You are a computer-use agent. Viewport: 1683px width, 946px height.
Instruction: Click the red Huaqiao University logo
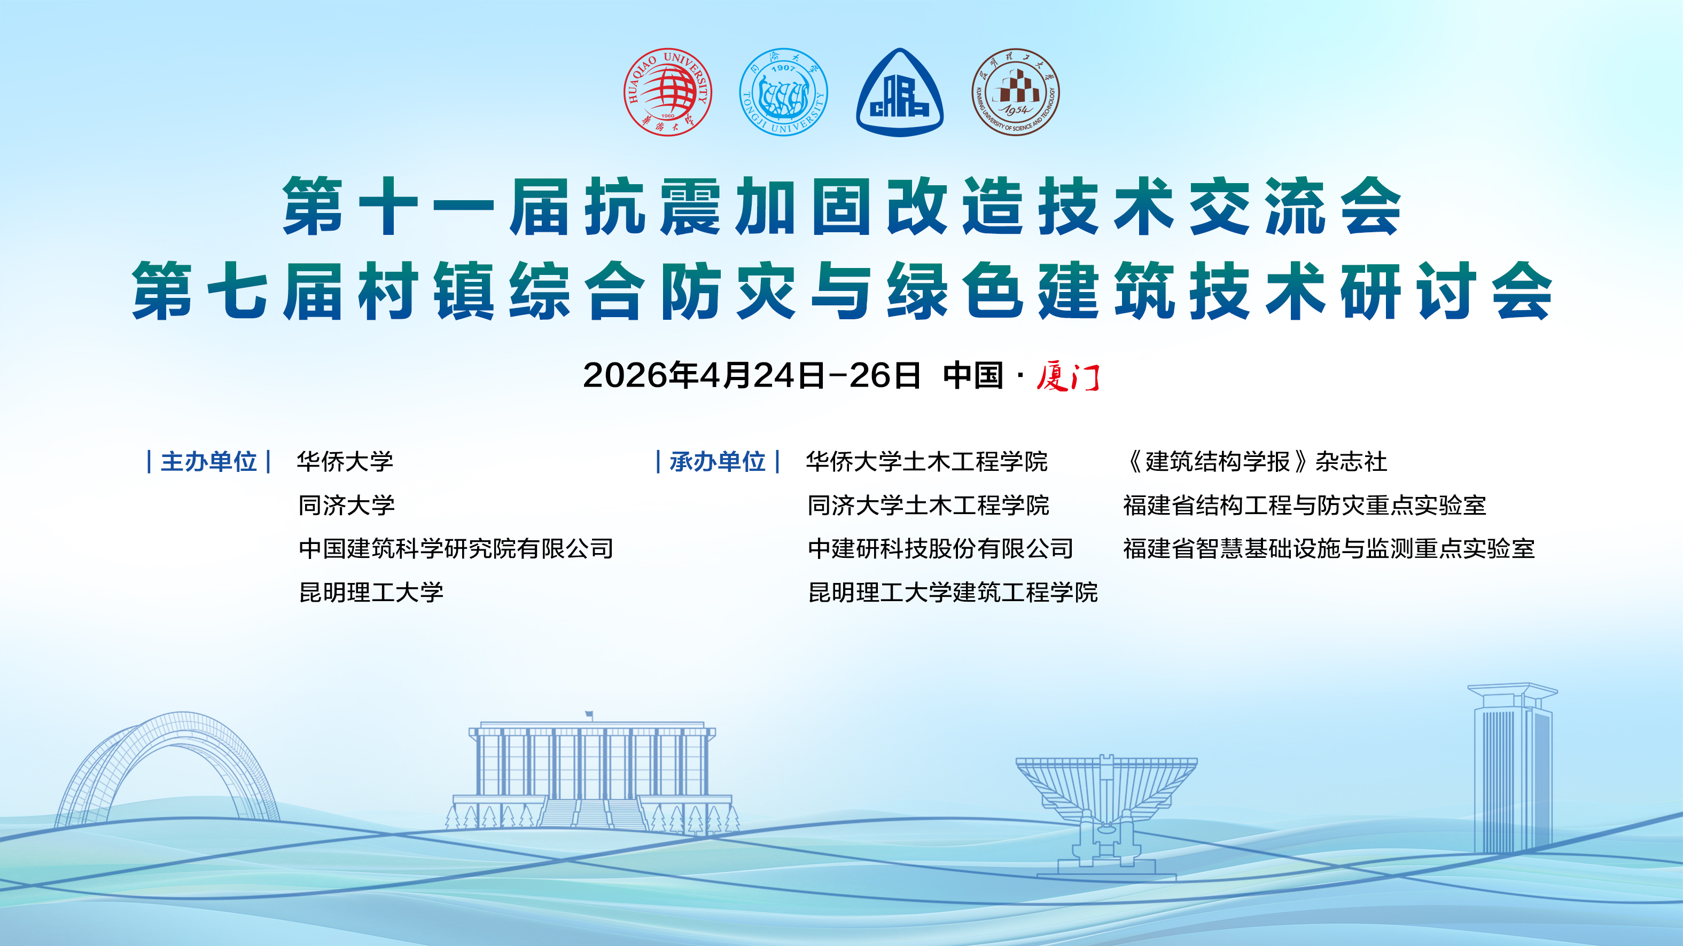click(667, 92)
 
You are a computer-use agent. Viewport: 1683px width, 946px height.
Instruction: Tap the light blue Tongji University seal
click(783, 92)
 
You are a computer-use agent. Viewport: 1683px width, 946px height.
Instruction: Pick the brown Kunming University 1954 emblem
click(1015, 92)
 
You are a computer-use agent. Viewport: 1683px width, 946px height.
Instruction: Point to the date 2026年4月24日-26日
click(751, 375)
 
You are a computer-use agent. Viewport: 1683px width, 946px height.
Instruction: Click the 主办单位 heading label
click(208, 462)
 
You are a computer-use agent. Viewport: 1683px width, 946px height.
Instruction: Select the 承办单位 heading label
click(718, 462)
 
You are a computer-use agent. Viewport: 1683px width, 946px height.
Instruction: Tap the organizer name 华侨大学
click(345, 462)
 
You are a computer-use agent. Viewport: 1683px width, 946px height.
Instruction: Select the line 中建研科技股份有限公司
click(941, 548)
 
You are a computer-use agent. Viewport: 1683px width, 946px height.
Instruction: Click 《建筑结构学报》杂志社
click(1255, 462)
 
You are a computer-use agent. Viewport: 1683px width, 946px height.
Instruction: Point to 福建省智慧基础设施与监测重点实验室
click(1329, 548)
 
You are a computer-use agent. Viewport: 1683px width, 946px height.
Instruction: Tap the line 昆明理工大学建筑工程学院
click(953, 592)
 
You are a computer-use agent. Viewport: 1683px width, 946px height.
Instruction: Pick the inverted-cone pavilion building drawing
click(1106, 816)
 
